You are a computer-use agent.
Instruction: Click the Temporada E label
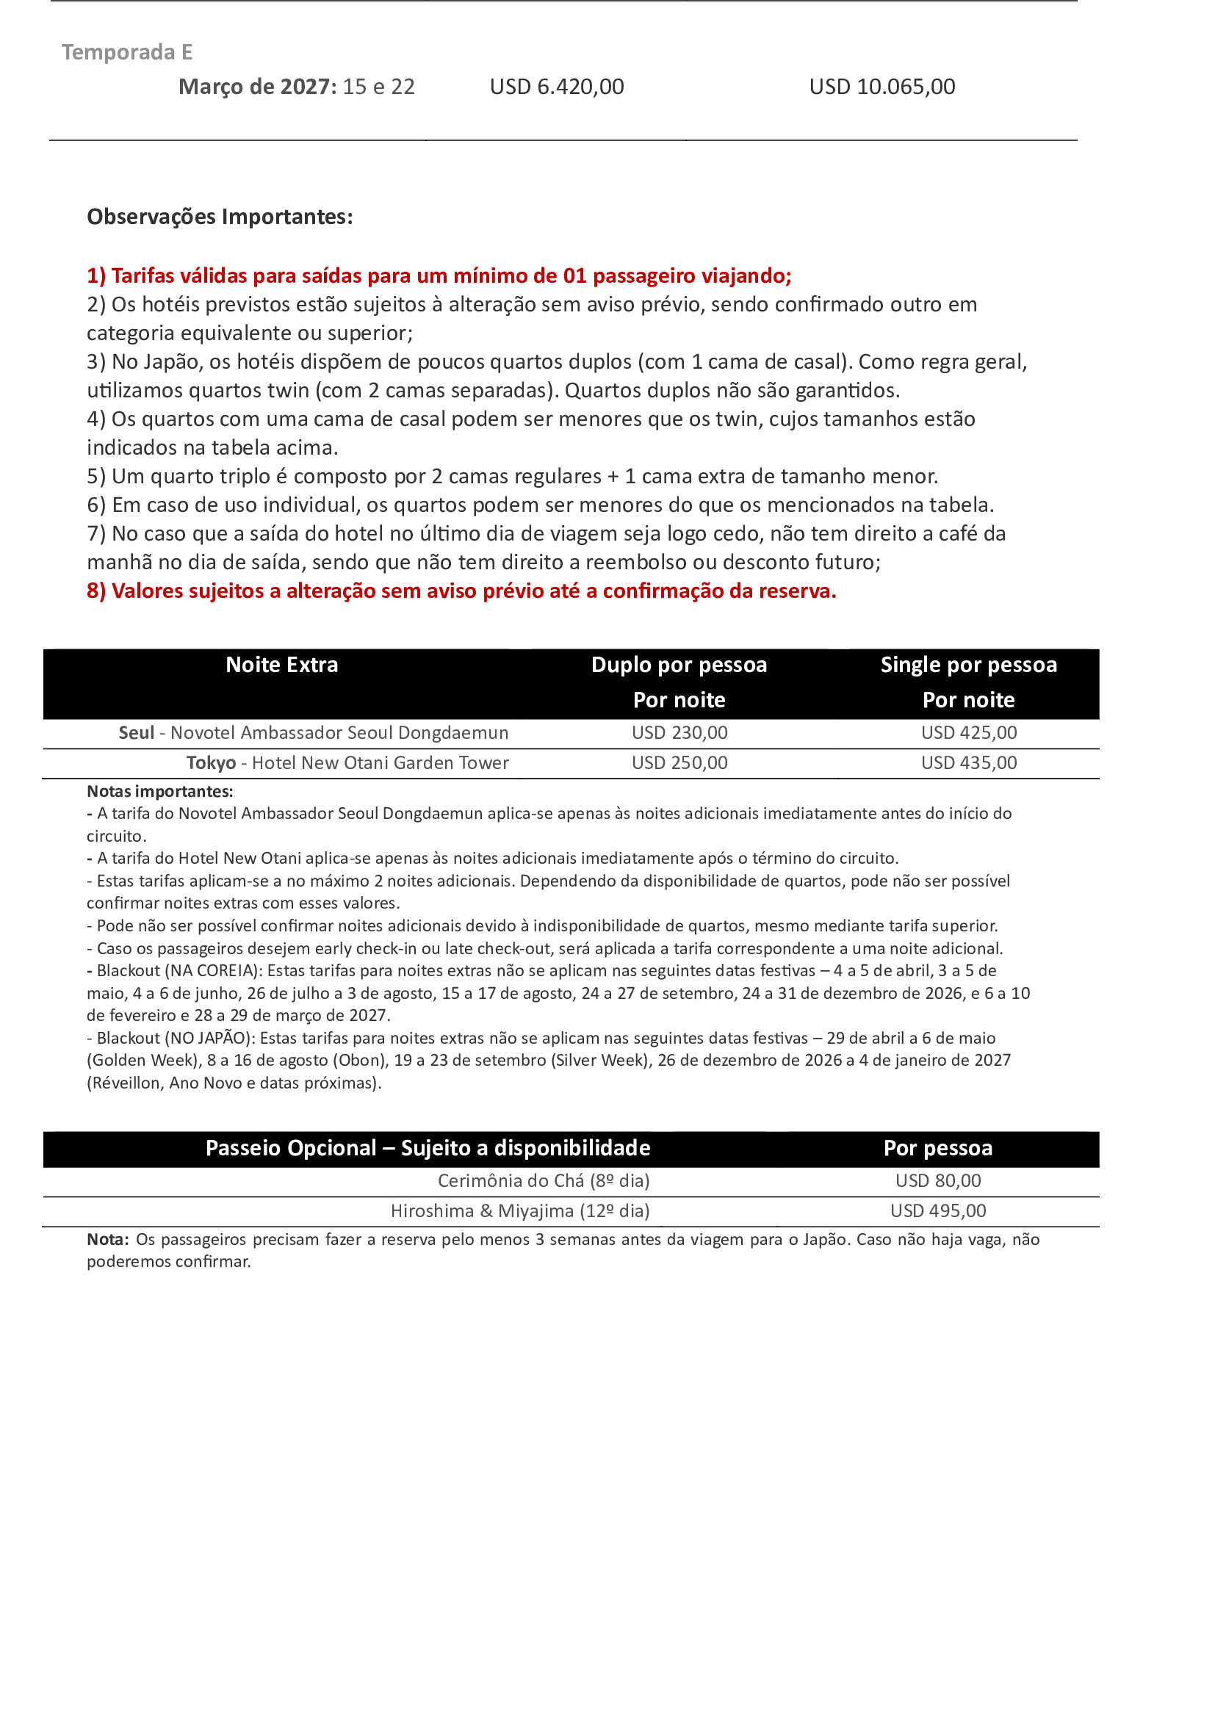[x=126, y=52]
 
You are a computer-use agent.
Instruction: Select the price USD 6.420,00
[x=557, y=87]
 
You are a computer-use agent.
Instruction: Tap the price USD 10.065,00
[x=882, y=87]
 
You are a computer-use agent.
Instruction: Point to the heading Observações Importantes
[x=219, y=217]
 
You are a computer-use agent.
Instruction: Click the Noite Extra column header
[x=282, y=665]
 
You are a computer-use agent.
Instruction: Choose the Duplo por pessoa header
[x=679, y=665]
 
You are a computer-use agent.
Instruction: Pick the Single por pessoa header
[x=968, y=665]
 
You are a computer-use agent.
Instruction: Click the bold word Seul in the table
[x=136, y=733]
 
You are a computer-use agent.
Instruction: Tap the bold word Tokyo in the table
[x=211, y=763]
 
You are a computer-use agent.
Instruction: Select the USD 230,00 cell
[x=679, y=733]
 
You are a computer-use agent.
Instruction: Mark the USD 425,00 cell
[x=969, y=733]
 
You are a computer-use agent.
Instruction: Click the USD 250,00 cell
[x=679, y=763]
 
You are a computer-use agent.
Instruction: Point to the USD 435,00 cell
[x=969, y=763]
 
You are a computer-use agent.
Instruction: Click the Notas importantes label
[x=159, y=792]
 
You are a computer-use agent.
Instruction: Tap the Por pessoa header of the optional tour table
[x=937, y=1149]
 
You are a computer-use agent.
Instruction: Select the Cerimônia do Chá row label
[x=543, y=1182]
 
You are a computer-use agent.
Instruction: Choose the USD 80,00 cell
[x=938, y=1182]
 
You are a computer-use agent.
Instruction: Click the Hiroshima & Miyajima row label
[x=520, y=1211]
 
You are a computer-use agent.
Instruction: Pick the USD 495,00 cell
[x=938, y=1211]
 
